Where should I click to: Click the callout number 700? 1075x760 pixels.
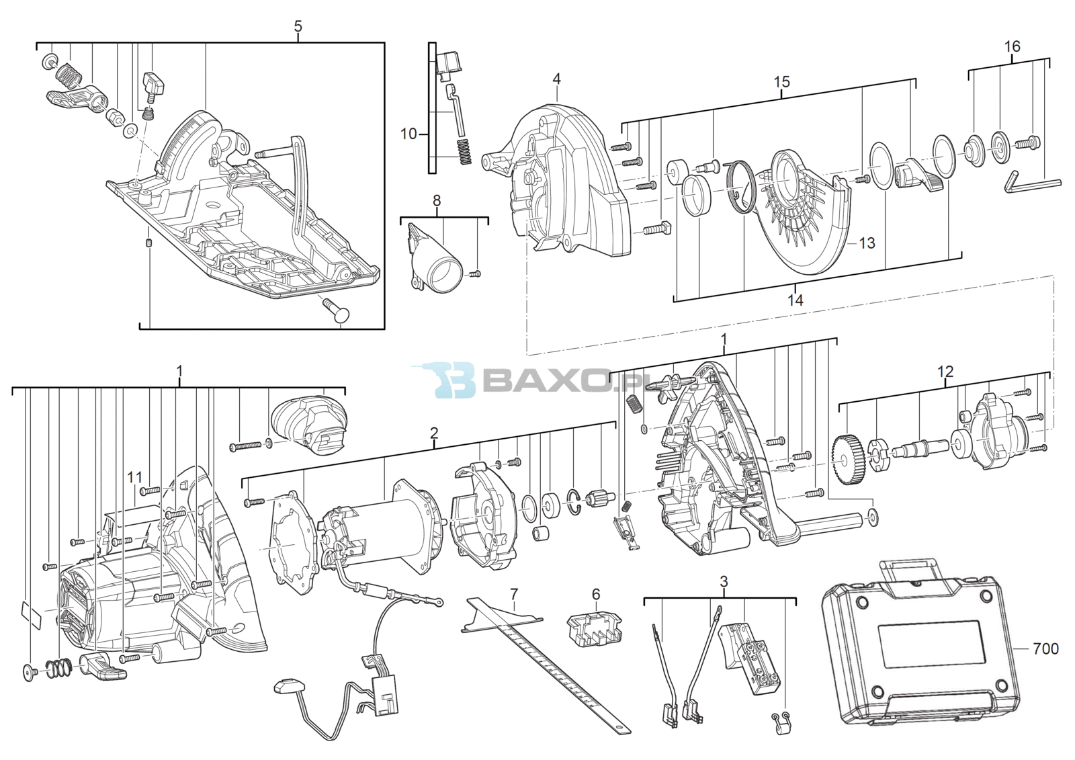tap(1045, 648)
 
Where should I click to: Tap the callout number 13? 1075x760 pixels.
tap(867, 243)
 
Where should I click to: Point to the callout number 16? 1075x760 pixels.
tap(1012, 46)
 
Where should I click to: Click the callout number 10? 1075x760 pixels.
tap(408, 134)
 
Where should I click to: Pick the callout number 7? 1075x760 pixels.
tap(513, 595)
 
